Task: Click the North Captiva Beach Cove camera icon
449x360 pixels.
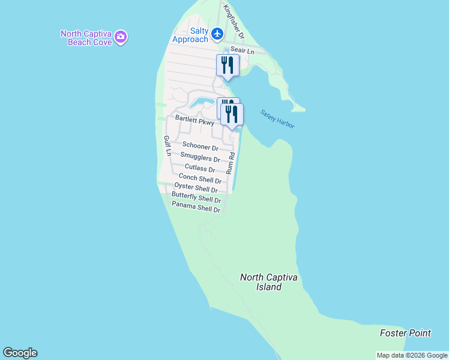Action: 121,37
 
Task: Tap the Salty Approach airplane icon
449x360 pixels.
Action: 217,34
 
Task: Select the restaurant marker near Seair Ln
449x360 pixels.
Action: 228,65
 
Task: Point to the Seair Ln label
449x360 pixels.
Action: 243,52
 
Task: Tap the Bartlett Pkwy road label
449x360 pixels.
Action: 194,119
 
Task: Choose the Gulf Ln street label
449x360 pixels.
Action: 167,146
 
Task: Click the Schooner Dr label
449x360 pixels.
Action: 200,146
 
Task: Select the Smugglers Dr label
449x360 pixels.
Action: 200,158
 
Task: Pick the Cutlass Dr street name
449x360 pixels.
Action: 200,169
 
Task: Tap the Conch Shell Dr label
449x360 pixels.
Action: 200,178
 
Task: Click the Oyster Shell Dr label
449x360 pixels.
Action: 196,188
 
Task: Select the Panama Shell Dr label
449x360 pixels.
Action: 196,208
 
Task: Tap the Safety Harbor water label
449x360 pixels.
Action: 277,118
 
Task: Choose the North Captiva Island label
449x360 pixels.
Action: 269,282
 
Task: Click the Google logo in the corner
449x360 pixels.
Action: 20,353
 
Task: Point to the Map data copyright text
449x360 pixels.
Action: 411,355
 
